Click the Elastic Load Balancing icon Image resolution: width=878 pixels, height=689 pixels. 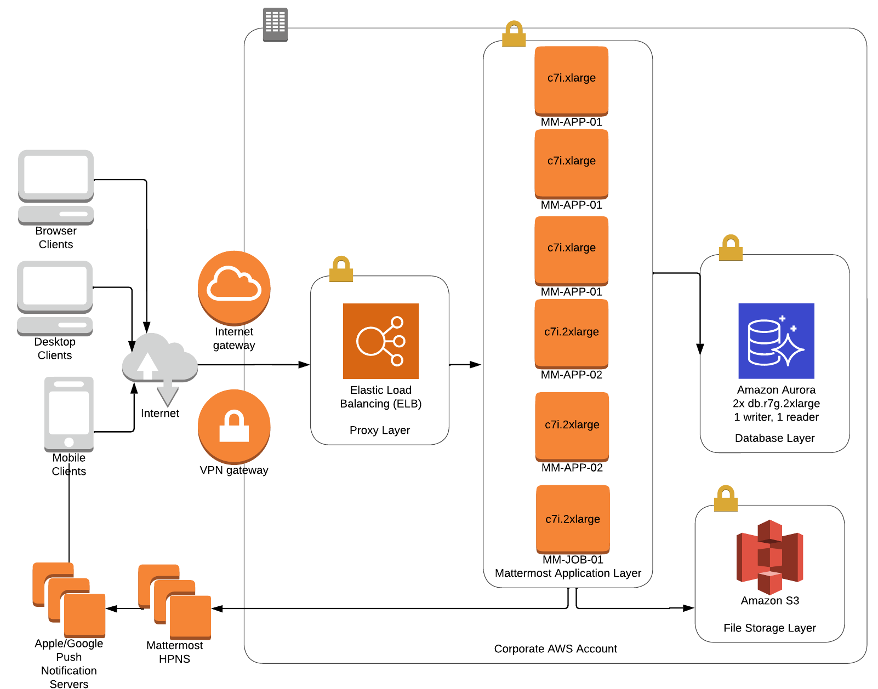click(380, 341)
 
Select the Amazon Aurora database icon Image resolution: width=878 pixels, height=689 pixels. click(776, 341)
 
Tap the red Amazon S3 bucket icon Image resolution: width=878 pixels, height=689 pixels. click(769, 556)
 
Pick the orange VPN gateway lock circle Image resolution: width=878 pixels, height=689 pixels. click(234, 426)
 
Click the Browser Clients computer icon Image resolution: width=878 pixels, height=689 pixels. click(56, 187)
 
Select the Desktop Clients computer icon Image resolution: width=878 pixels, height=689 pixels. click(55, 298)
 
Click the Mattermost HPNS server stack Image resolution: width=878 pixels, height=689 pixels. click(175, 602)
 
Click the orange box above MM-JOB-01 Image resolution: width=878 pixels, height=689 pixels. click(573, 519)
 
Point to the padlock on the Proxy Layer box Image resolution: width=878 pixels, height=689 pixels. click(341, 269)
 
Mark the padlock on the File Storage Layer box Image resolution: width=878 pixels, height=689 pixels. click(726, 498)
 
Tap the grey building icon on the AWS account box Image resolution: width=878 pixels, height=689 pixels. click(275, 25)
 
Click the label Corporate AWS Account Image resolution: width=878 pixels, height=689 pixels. click(555, 648)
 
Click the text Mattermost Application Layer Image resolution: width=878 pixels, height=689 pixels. click(568, 573)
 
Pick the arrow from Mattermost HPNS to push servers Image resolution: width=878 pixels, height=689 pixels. click(123, 608)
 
